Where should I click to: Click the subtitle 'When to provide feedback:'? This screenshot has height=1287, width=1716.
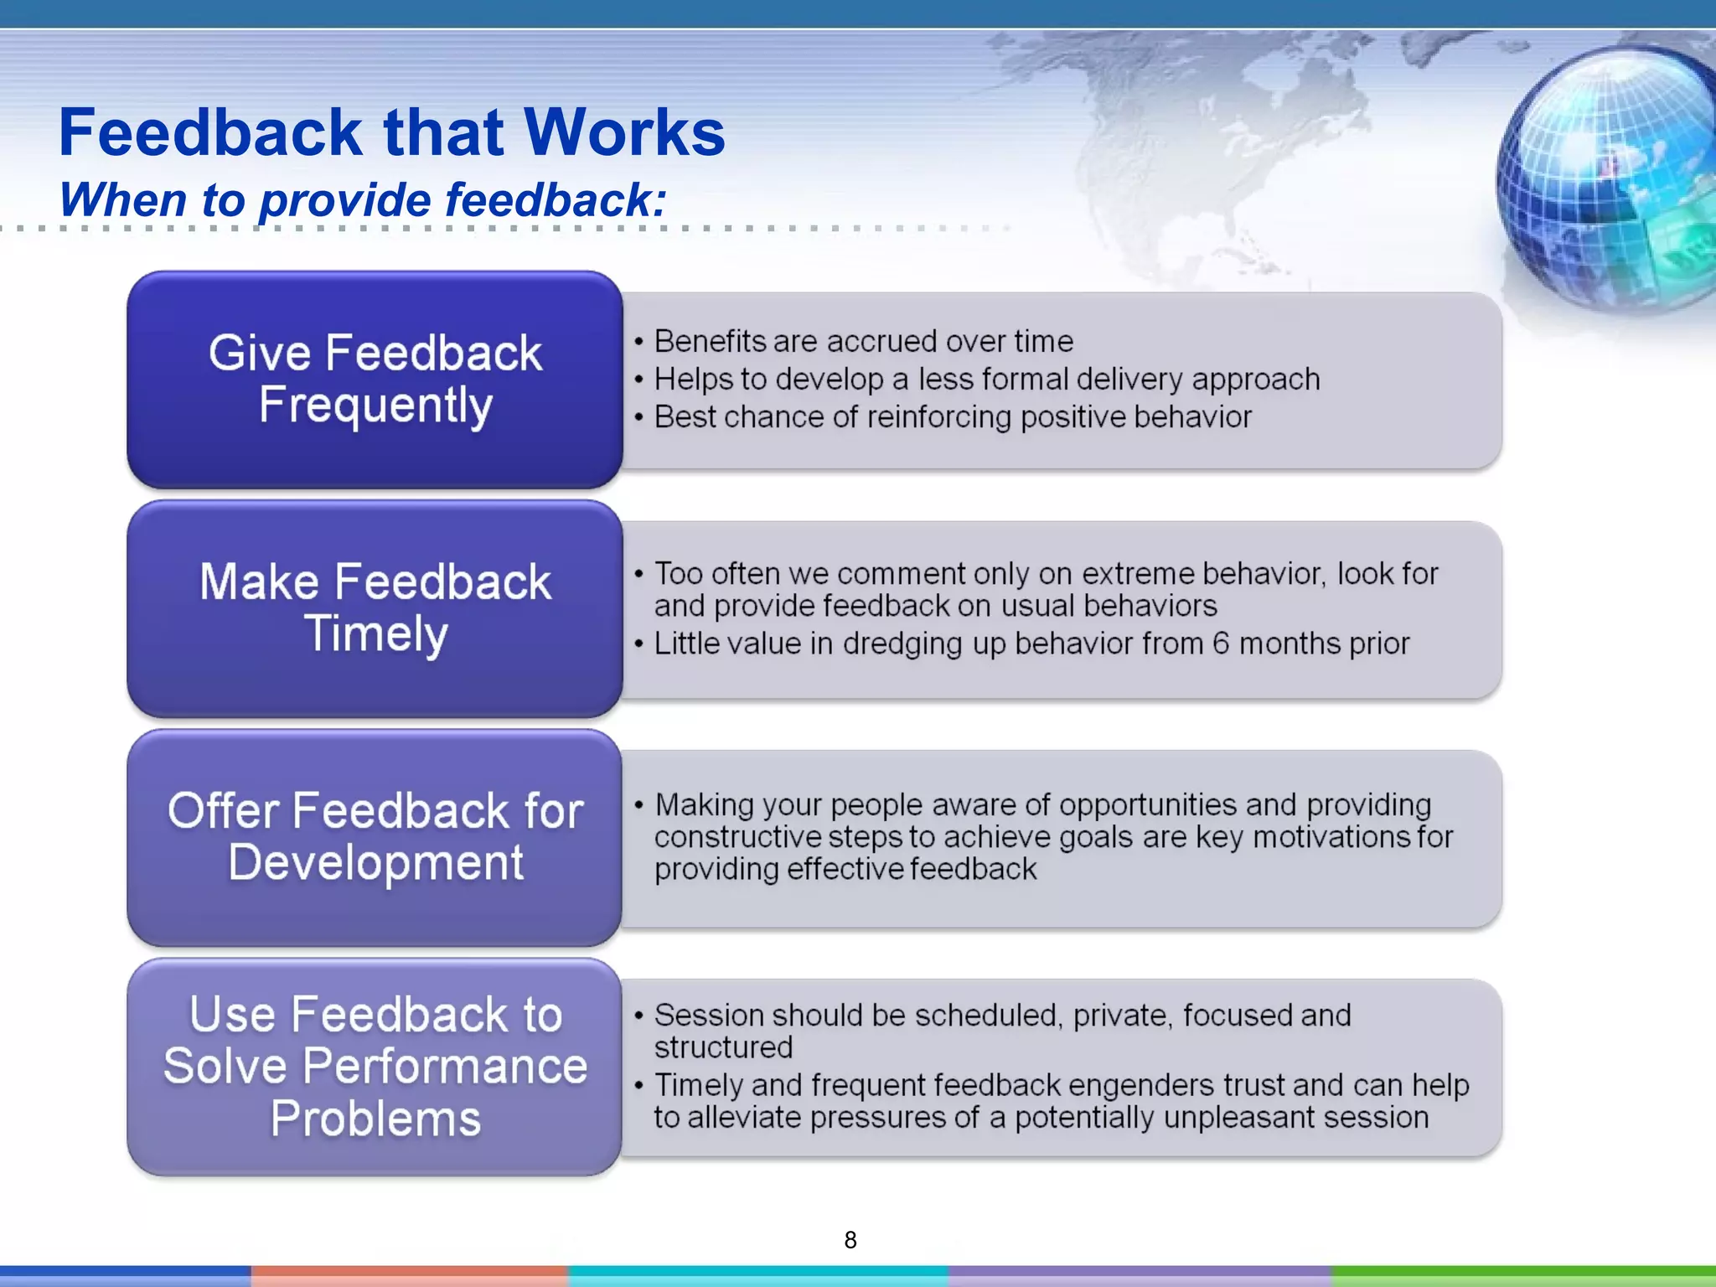pos(362,200)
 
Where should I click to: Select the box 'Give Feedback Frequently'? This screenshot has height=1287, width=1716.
pos(375,379)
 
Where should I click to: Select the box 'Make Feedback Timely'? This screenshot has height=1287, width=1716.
pos(375,608)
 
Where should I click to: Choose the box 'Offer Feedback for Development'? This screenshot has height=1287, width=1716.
pos(375,837)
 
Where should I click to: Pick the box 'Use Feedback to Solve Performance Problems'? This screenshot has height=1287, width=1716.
pos(375,1066)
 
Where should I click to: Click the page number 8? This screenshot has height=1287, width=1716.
pos(850,1240)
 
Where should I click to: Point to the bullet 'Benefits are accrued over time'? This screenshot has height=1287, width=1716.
pos(863,342)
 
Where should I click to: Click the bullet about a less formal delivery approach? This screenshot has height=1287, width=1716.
pos(986,380)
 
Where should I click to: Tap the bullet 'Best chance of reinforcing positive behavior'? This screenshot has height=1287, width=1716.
pos(952,417)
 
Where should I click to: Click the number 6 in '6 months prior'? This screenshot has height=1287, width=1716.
pos(1221,643)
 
